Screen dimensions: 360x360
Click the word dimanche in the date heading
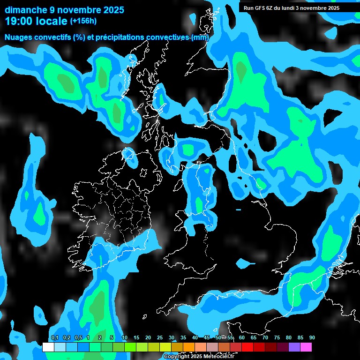pyautogui.click(x=26, y=9)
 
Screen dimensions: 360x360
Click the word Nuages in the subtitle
pyautogui.click(x=19, y=37)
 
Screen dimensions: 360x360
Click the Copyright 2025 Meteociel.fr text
pyautogui.click(x=199, y=356)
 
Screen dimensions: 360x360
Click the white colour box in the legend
pyautogui.click(x=48, y=347)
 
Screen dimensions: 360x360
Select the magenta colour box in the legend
pyautogui.click(x=306, y=347)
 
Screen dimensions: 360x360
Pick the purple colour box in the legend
pyautogui.click(x=294, y=347)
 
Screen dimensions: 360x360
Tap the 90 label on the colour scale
pyautogui.click(x=312, y=337)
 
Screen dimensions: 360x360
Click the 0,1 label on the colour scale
pyautogui.click(x=54, y=337)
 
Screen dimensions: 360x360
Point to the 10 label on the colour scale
pyautogui.click(x=125, y=337)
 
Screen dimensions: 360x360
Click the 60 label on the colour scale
pyautogui.click(x=242, y=337)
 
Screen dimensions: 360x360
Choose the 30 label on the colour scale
pyautogui.click(x=172, y=337)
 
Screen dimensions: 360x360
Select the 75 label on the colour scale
pyautogui.click(x=277, y=337)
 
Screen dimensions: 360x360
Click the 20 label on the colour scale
pyautogui.click(x=148, y=337)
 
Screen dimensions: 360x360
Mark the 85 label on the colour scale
pyautogui.click(x=300, y=337)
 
